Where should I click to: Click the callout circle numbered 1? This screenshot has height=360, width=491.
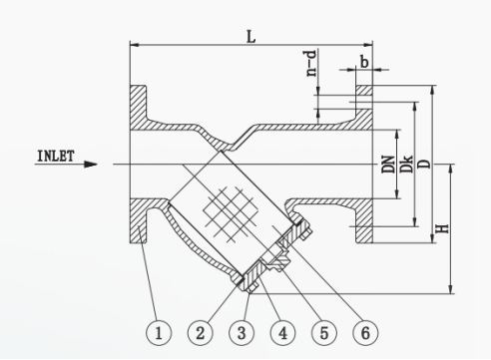click(159, 332)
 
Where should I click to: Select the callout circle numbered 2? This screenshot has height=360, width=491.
click(200, 332)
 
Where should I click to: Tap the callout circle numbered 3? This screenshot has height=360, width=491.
click(242, 332)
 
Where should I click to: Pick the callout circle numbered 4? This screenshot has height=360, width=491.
click(282, 332)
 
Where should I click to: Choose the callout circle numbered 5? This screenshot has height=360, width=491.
click(324, 332)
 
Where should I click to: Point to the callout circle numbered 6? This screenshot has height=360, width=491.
click(365, 332)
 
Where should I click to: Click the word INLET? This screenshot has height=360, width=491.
click(56, 156)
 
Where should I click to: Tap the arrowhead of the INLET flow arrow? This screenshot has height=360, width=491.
click(91, 165)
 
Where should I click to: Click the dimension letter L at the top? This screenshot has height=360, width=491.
click(251, 37)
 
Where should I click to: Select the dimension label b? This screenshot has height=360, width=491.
click(364, 62)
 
